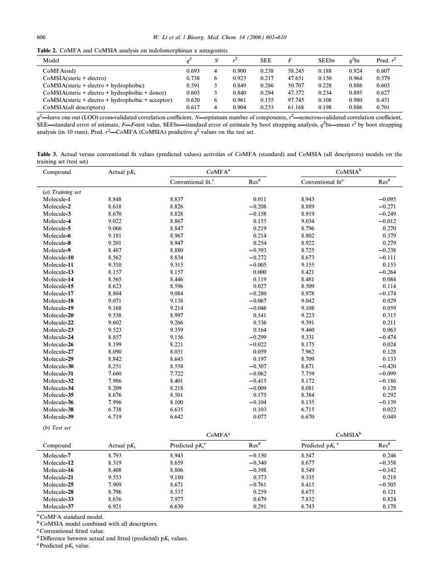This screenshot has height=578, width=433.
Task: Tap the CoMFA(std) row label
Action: [59, 71]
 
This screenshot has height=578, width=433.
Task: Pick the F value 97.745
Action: [296, 100]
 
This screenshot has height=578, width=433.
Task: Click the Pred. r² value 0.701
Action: [383, 107]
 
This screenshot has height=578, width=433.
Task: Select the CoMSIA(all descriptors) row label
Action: [74, 107]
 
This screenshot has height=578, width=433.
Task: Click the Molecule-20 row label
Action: [58, 315]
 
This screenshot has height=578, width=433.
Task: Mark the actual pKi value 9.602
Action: [115, 323]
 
